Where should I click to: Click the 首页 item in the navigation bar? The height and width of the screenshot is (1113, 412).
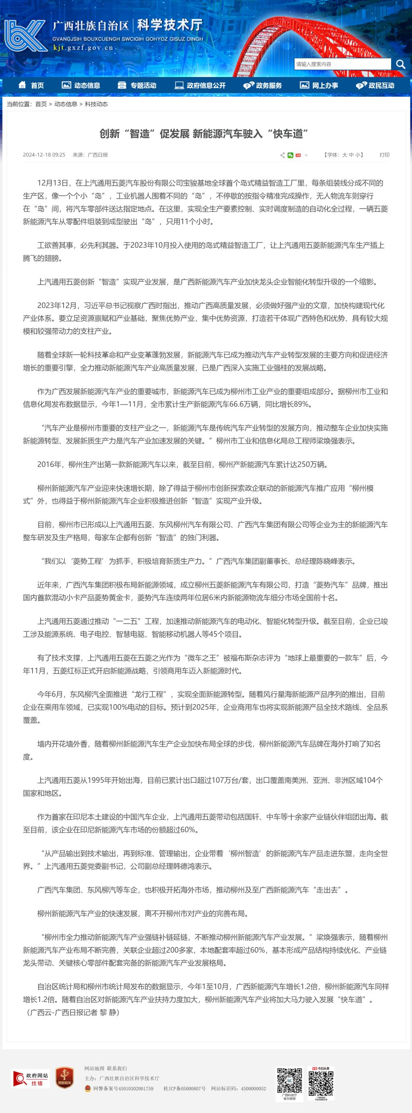coord(31,85)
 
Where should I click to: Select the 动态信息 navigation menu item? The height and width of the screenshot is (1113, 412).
coord(81,85)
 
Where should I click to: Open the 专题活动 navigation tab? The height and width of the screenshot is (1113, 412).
coord(137,85)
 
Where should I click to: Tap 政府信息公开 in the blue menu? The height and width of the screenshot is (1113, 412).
coord(200,85)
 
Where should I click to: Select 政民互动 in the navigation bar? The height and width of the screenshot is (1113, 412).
coord(375,85)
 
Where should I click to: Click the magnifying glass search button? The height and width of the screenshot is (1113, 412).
coord(400,64)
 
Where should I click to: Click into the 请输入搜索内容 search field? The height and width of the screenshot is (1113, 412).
coord(342,64)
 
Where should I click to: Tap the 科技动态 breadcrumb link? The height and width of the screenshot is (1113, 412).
coord(96,104)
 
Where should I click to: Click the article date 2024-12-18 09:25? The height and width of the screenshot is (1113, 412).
coord(44,155)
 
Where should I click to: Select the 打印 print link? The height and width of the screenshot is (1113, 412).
coord(384,155)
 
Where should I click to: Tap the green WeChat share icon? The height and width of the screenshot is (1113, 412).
coord(290,155)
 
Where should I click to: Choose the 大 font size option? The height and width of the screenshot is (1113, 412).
coord(345,155)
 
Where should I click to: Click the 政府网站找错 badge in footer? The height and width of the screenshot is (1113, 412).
coord(31,1078)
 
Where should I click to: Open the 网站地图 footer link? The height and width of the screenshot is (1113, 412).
coord(94,1068)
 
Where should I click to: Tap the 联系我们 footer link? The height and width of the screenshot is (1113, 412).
coord(117,1068)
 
